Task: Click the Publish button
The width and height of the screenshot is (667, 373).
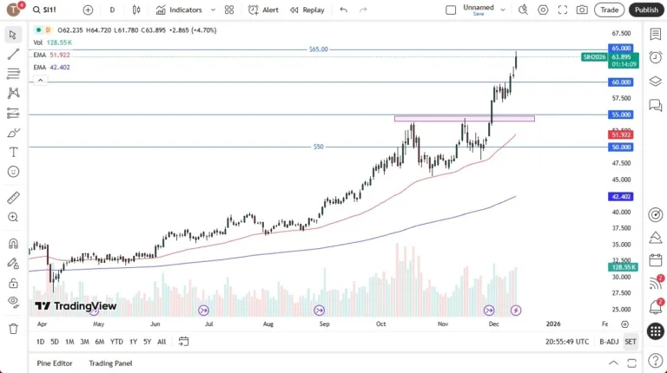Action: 646,10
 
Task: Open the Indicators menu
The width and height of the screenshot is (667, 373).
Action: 179,10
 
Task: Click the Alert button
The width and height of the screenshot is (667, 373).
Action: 264,10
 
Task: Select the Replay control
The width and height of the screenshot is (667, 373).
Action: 307,10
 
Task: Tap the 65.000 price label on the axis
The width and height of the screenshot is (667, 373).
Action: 621,49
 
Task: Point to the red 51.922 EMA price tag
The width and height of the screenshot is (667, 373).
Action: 621,135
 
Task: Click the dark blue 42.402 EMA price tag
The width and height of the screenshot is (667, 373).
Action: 621,197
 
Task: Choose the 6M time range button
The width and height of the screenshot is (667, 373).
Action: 99,342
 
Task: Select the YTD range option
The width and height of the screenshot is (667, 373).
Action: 116,342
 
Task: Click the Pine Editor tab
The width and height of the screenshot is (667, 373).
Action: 55,363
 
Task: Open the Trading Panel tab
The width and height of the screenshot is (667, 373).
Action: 111,363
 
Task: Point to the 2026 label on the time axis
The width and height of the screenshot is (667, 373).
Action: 553,324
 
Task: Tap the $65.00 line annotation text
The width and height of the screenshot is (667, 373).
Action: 319,49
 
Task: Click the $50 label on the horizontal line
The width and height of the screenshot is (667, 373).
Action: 319,147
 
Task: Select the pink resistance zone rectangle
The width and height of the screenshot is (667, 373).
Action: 464,118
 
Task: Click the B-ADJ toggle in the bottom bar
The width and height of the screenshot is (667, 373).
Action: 609,342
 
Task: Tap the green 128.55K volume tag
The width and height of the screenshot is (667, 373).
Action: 621,267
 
